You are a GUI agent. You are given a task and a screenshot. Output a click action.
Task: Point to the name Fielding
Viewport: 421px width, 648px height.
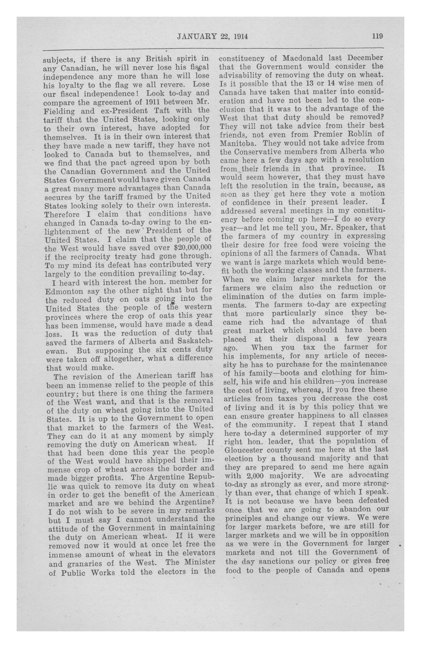[x=59, y=111]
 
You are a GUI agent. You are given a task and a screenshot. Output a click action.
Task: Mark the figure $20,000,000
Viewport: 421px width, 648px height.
[x=187, y=248]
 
